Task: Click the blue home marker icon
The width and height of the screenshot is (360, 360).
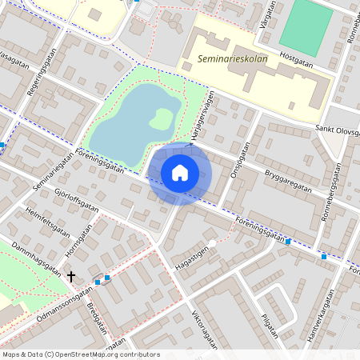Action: click(x=180, y=172)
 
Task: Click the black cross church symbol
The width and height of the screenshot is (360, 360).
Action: click(x=71, y=276)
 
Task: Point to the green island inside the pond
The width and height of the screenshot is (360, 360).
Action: click(x=162, y=118)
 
